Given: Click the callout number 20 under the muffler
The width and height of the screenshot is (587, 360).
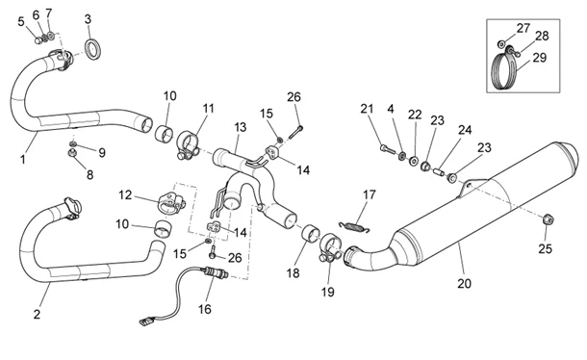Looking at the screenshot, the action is point(464,284).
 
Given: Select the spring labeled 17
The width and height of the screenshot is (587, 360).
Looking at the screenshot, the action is point(354,226).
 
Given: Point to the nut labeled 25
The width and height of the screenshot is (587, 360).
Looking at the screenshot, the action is point(548,219).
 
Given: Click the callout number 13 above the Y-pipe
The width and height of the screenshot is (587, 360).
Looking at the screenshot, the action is point(241,127).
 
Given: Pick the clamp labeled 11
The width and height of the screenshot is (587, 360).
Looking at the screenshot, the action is point(188,145).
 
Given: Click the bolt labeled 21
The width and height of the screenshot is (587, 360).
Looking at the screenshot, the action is point(388,149).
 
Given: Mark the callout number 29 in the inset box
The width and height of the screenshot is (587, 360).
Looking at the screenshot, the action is point(540,58).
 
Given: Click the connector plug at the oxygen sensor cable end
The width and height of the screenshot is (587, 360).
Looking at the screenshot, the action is point(147,321).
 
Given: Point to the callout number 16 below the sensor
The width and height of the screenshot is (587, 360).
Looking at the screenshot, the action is point(205,309).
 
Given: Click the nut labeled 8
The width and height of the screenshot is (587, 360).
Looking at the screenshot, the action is point(71,153).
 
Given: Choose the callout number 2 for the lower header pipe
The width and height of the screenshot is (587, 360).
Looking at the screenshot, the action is point(37,314).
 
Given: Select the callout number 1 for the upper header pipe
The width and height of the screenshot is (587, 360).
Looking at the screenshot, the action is point(23,159).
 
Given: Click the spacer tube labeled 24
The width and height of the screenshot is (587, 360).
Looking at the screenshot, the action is point(439,172).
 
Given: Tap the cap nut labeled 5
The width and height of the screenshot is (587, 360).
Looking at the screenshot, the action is point(38,40).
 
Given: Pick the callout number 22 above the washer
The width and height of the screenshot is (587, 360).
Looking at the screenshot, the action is point(415,115).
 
